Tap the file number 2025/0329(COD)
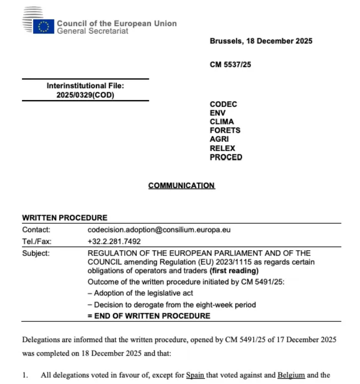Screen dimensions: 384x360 point(85,95)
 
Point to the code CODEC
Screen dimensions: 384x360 point(223,104)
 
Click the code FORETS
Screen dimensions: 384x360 point(225,131)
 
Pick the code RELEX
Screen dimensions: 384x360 point(223,148)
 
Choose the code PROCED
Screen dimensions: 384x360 point(226,157)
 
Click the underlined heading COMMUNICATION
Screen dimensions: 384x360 point(181,186)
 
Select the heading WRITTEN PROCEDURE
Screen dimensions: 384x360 point(64,218)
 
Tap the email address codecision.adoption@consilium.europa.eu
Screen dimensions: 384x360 point(159,230)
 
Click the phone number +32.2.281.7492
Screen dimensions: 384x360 point(114,242)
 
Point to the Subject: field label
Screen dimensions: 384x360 point(36,253)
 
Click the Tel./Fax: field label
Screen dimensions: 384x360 point(37,242)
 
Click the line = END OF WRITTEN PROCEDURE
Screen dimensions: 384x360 point(149,316)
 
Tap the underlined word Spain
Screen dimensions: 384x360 point(195,375)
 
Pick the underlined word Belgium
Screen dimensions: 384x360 point(291,375)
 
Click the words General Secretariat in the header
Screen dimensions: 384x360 point(92,31)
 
